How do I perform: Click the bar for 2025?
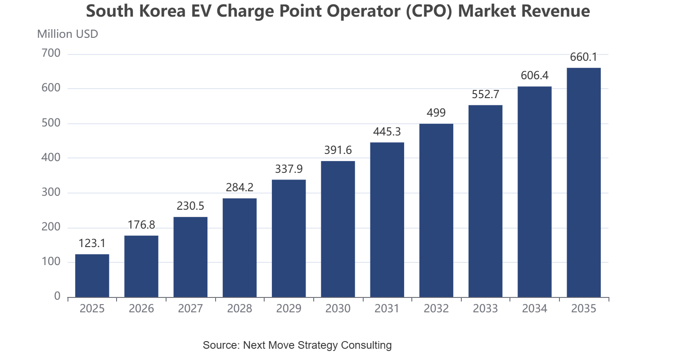click(x=92, y=276)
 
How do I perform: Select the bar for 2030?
click(x=338, y=229)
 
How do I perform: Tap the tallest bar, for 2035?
click(x=584, y=183)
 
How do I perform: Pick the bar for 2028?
click(x=239, y=248)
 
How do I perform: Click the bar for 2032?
click(x=437, y=211)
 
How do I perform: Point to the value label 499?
click(x=436, y=113)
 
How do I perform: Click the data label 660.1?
click(x=583, y=57)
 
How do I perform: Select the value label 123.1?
click(x=92, y=243)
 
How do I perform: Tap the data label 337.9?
click(x=289, y=169)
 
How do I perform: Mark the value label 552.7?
click(x=486, y=94)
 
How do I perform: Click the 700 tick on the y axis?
click(x=51, y=53)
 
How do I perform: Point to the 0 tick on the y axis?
click(x=57, y=296)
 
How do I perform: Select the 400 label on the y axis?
click(x=51, y=157)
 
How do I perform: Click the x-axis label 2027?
click(x=190, y=309)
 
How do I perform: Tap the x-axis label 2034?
click(x=535, y=309)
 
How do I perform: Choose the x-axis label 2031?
click(x=387, y=309)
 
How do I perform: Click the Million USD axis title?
click(x=68, y=34)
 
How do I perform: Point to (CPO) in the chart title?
click(x=429, y=11)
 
